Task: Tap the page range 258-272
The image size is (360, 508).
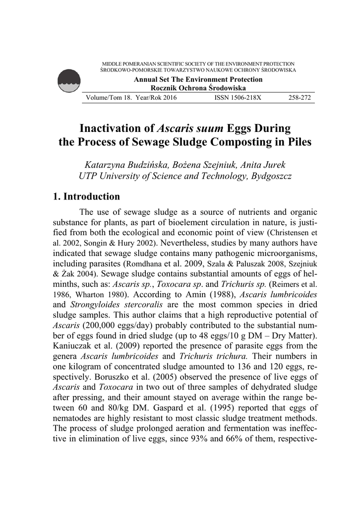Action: point(299,98)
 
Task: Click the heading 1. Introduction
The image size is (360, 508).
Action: point(86,197)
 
